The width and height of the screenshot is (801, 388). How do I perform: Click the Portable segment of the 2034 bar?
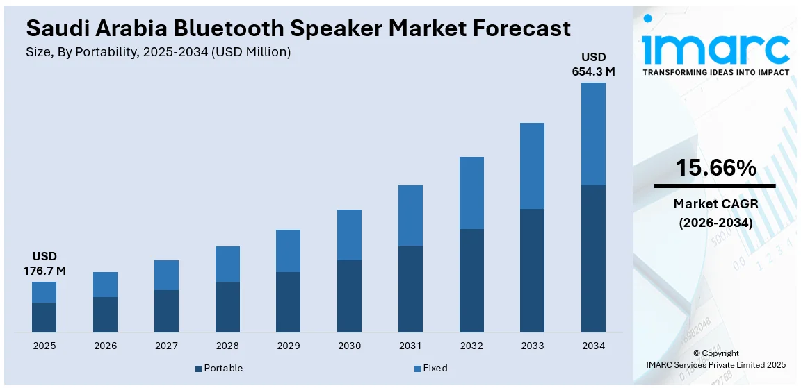(593, 259)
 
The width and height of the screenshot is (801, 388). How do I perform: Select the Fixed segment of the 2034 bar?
(593, 134)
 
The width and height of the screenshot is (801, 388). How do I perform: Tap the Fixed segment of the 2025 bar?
(44, 292)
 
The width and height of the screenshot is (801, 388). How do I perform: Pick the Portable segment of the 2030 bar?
(349, 296)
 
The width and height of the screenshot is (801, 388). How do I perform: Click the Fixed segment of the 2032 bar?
(471, 193)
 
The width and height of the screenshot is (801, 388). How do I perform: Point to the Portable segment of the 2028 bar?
(227, 307)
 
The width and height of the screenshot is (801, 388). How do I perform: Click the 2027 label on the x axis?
(166, 346)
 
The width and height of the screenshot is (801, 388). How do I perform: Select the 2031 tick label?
(410, 346)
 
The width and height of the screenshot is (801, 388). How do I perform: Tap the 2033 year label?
(533, 346)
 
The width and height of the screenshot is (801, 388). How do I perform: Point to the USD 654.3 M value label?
(593, 64)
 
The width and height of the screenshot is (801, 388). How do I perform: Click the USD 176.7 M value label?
(44, 263)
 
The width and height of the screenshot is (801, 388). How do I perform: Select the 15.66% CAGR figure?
(715, 167)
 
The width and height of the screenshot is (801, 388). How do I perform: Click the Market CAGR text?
(715, 204)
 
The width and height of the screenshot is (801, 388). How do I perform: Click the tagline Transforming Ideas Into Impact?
(715, 72)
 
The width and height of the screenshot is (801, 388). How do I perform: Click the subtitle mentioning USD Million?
(159, 52)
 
